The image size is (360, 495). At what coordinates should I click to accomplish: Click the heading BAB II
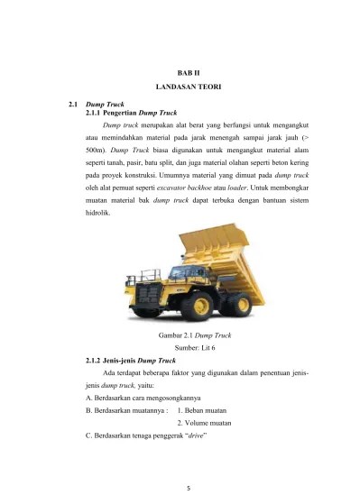point(189,71)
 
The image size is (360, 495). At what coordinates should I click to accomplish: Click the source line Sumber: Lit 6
point(189,347)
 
